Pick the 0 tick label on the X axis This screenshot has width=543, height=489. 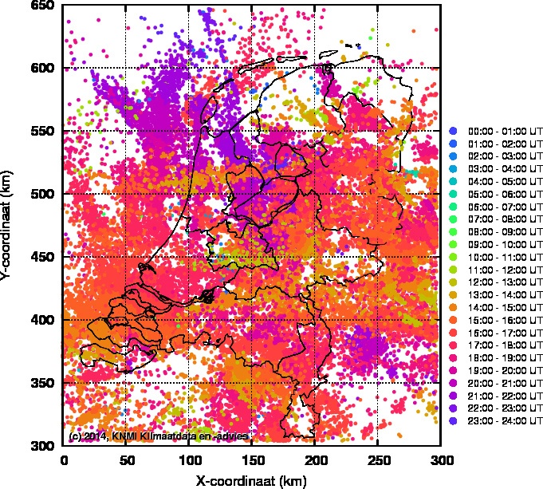coord(64,460)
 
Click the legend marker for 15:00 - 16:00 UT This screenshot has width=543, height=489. coord(453,319)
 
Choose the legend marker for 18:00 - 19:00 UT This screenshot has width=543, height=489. coord(453,357)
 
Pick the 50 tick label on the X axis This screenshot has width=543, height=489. coord(126,460)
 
